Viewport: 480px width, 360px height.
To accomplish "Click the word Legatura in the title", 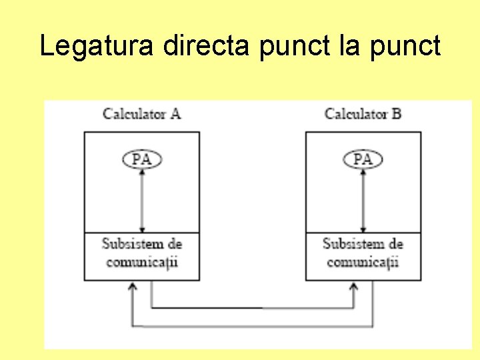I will click(x=97, y=46).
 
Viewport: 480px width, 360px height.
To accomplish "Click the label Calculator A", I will click(x=141, y=113).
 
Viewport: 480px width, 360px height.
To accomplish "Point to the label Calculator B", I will click(x=363, y=113).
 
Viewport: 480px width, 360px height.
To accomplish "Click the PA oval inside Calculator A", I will click(x=142, y=159).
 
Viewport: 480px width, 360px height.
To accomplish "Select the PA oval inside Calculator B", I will click(x=363, y=159).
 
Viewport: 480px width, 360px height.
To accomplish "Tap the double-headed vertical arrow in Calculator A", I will click(x=142, y=200).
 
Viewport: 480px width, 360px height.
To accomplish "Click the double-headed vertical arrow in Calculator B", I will click(x=363, y=200).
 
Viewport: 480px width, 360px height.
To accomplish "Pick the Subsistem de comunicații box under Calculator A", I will click(x=141, y=256).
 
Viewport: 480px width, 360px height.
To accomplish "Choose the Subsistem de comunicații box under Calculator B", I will click(x=363, y=256).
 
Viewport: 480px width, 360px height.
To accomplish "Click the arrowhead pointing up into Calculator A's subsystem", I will click(x=132, y=287).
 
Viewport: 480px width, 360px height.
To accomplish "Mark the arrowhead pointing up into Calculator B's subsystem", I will click(x=354, y=287).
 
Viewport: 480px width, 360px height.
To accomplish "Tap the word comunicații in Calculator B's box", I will click(x=363, y=262).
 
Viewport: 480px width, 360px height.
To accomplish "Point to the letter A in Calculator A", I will click(x=175, y=113).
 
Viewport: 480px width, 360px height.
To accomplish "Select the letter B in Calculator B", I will click(x=396, y=113).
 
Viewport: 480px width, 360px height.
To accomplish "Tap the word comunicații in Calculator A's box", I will click(x=142, y=262).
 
